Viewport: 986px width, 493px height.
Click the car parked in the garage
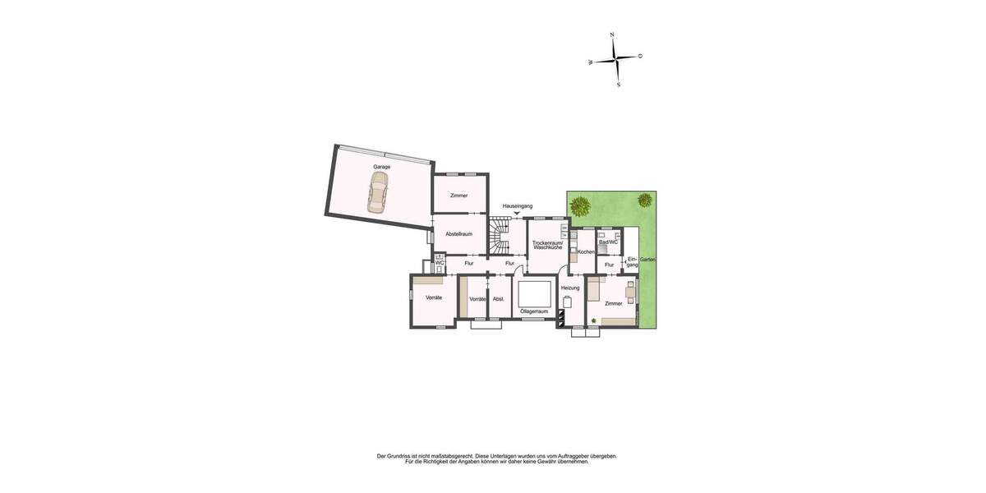coord(378,198)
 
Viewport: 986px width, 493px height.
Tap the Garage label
coord(381,167)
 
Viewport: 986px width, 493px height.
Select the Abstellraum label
coord(458,234)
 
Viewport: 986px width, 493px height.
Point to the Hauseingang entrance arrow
coord(517,214)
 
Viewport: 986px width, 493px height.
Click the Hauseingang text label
coord(518,205)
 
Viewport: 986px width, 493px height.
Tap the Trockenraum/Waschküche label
coord(547,245)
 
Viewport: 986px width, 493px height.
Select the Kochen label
coord(586,251)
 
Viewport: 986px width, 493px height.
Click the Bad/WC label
coord(608,242)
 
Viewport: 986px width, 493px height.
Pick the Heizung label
coord(570,288)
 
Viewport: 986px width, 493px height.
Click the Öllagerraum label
coord(534,311)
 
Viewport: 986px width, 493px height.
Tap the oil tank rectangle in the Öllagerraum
coord(534,293)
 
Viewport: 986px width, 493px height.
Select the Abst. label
coord(498,299)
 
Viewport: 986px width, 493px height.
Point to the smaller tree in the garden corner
coord(645,199)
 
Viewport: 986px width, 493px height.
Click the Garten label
coord(647,259)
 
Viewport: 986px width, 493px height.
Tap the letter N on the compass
coord(612,35)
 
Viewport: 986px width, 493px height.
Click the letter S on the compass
coord(618,85)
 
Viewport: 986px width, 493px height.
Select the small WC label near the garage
coord(440,263)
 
